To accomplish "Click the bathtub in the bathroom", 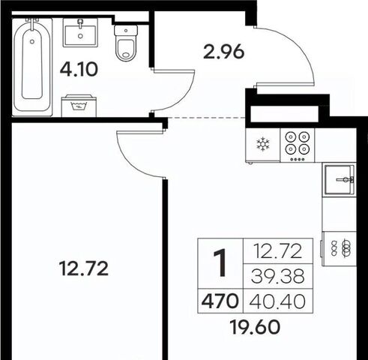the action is click(x=32, y=67).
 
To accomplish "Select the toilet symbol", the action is click(x=126, y=43).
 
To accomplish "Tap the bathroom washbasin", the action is click(x=80, y=32).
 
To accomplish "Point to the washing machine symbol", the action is click(x=79, y=106).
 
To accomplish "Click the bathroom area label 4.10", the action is click(x=79, y=70).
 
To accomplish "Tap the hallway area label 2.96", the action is click(x=223, y=52).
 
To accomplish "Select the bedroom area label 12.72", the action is click(x=84, y=268).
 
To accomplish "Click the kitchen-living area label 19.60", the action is click(x=255, y=327).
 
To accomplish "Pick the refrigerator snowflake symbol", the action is click(x=263, y=145).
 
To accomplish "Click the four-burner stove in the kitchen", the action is click(x=298, y=145).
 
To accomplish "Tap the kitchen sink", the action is click(x=340, y=179).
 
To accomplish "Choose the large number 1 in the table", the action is click(x=220, y=263).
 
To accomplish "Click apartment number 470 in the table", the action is click(x=220, y=301).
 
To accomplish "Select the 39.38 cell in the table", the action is click(x=278, y=276).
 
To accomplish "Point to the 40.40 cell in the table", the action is click(x=277, y=301).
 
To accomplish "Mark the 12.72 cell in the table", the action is click(x=278, y=251).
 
